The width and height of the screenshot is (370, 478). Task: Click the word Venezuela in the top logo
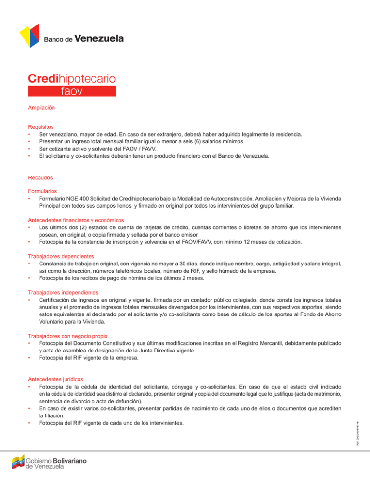[100, 38]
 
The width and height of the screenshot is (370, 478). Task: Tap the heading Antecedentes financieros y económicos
[76, 220]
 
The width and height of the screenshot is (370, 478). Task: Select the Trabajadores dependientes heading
[61, 256]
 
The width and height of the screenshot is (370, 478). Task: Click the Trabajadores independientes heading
[63, 292]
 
